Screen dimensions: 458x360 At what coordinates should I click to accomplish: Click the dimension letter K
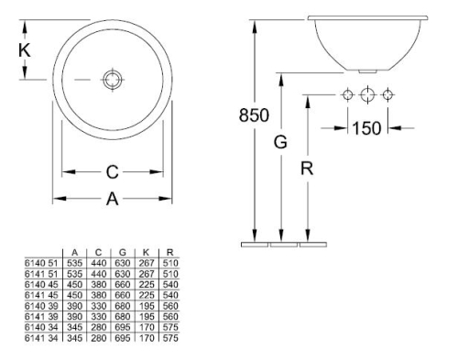(25, 50)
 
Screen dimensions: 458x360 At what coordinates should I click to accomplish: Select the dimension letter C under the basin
(112, 172)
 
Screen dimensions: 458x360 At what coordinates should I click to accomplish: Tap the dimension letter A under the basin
(112, 199)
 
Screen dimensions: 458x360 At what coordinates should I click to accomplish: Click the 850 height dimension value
(254, 115)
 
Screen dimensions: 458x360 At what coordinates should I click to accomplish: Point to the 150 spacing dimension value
(366, 128)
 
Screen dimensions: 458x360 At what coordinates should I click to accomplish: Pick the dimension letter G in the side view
(280, 142)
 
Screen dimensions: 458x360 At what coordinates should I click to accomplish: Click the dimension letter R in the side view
(307, 169)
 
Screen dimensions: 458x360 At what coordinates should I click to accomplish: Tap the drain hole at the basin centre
(113, 80)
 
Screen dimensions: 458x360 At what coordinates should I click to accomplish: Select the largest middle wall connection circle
(367, 94)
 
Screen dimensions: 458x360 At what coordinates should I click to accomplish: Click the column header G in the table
(123, 252)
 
